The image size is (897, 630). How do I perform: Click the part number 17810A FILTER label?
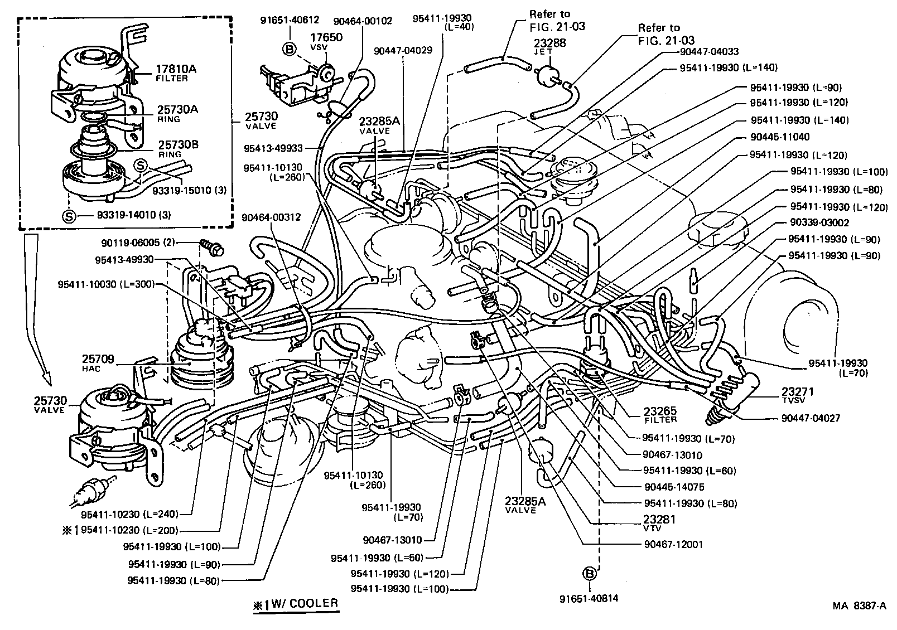click(171, 73)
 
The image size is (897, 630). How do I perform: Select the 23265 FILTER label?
click(660, 415)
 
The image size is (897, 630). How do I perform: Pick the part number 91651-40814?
click(589, 599)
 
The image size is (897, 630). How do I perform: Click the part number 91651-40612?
click(290, 20)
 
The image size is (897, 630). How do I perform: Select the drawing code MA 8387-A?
click(860, 607)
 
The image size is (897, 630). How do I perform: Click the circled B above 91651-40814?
click(589, 574)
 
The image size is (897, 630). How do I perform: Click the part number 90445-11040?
click(779, 137)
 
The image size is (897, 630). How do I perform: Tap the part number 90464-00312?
click(272, 217)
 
